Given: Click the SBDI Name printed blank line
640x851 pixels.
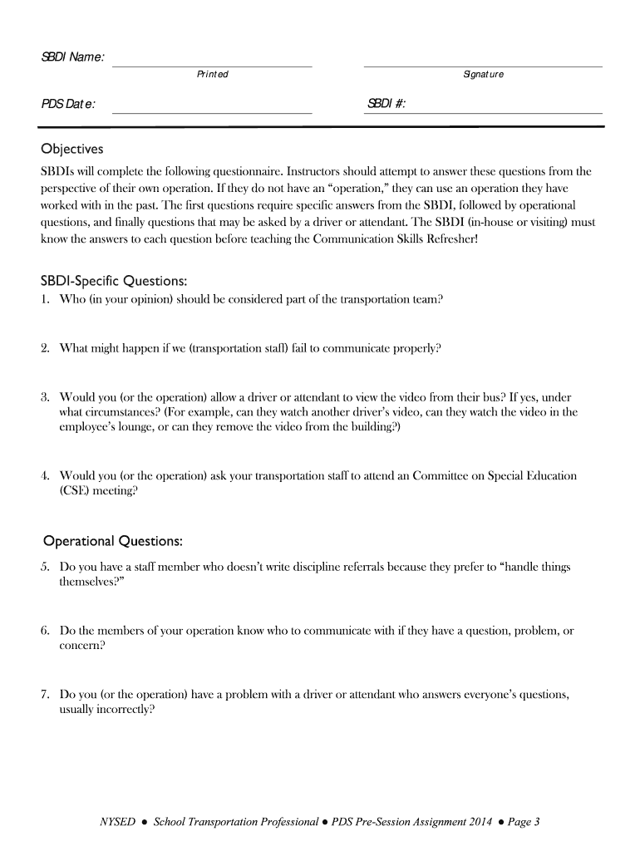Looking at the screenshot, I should pos(212,65).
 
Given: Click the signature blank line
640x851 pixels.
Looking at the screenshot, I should pos(483,65).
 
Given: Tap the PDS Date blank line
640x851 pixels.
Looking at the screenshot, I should pos(212,111).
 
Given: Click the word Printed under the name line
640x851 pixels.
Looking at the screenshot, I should pos(212,75).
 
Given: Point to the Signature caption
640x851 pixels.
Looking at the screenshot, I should pos(483,75).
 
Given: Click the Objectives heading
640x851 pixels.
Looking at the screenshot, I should pos(73,150).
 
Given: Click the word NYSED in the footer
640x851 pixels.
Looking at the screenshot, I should pos(117,823).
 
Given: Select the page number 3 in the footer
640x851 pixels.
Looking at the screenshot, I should pos(537,823).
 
